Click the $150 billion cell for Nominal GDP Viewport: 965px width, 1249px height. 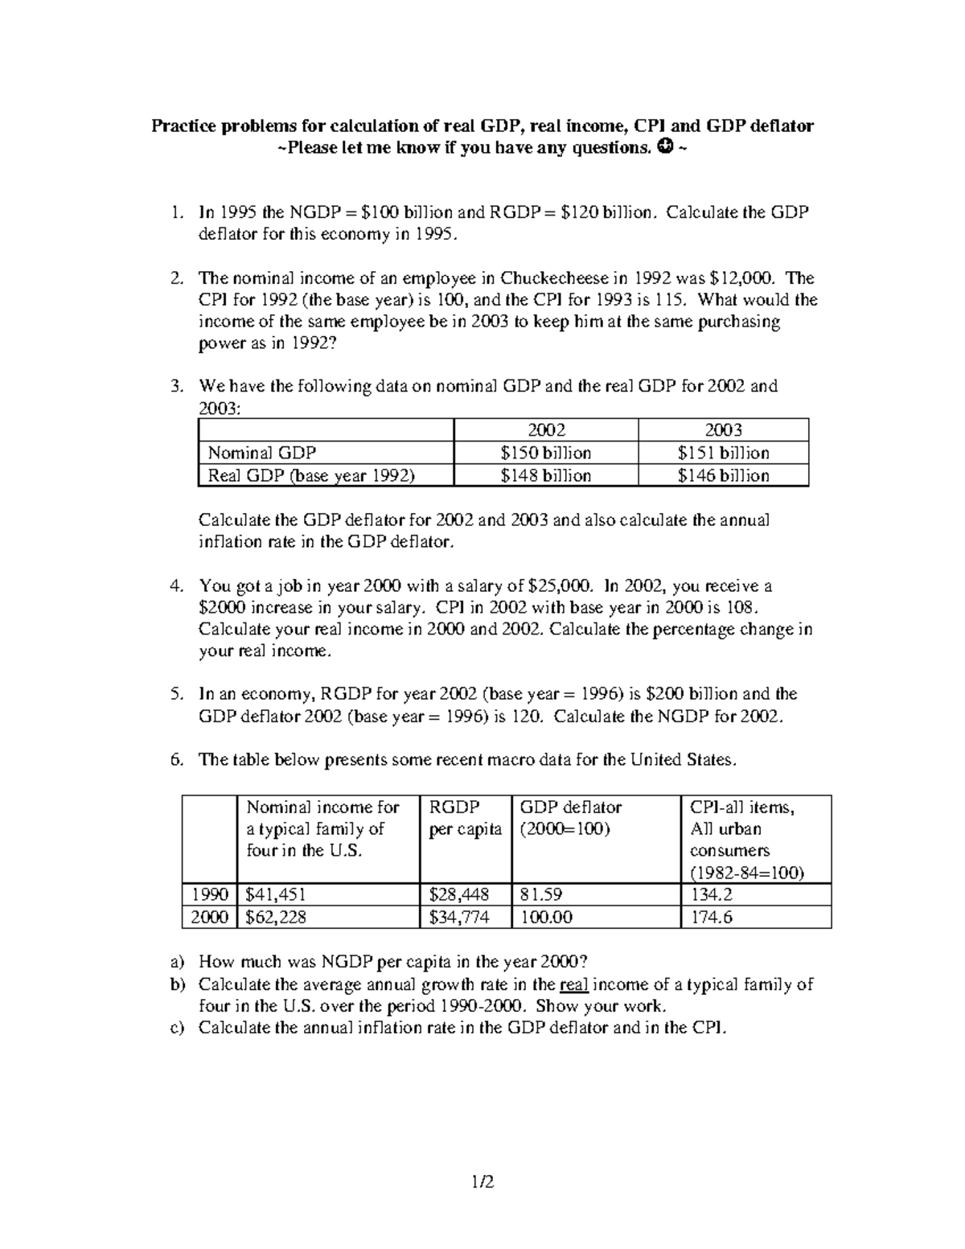pos(545,453)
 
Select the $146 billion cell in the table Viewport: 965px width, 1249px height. pos(723,475)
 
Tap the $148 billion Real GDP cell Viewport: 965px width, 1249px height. pos(545,475)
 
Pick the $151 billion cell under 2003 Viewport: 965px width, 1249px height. pos(723,453)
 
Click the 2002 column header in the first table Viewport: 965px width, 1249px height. pos(545,430)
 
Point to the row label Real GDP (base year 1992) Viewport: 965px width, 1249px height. pos(310,475)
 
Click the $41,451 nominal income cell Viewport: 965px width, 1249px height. pos(276,894)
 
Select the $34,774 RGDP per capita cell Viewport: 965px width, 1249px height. pos(458,917)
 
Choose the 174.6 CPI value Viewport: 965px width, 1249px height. pos(711,917)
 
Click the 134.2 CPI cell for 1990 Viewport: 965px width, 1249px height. pos(711,894)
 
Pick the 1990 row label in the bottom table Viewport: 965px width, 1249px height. pos(209,894)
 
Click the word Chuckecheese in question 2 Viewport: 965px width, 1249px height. pos(556,278)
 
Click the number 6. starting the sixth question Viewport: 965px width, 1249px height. pos(178,760)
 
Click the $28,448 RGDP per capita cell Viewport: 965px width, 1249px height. pos(458,894)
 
